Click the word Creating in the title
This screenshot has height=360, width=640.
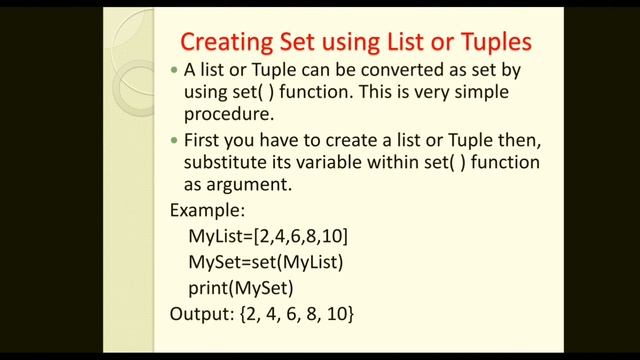[x=226, y=43]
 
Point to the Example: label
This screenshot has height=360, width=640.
[x=206, y=211]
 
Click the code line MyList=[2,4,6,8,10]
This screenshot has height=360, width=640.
[x=268, y=237]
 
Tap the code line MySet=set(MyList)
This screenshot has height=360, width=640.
[x=266, y=263]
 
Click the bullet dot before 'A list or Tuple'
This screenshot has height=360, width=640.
[x=174, y=72]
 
